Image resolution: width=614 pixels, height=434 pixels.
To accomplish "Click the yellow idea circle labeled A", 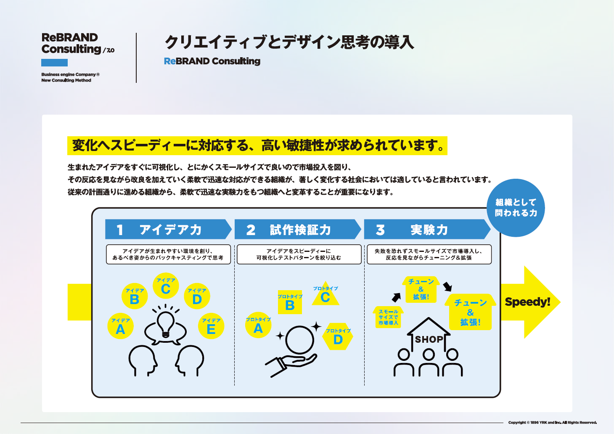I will coord(120,326).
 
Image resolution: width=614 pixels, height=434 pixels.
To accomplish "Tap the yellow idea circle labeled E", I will coord(211,326).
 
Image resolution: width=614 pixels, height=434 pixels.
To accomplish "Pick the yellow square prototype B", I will coord(290,302).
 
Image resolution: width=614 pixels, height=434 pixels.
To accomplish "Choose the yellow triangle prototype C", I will coord(326,294).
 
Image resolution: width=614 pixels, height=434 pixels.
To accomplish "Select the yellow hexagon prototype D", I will coord(338,336).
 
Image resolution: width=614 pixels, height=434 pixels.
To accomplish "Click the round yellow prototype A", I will coord(258,325).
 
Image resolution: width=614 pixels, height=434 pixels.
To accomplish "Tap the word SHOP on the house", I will coord(429,339).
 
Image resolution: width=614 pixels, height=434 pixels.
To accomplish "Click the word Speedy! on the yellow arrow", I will coord(527,302).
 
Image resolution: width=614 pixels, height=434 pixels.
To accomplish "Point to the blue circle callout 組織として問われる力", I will coord(516,208).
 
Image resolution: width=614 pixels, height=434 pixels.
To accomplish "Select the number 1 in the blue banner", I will coord(120,230).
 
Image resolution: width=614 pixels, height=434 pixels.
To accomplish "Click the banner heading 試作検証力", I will coord(300,230).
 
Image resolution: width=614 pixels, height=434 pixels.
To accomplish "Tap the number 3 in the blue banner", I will coord(380,230).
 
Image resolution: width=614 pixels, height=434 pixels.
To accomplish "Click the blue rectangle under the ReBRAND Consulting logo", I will coord(54,63).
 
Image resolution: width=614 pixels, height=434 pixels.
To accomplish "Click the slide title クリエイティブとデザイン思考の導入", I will coord(289,42).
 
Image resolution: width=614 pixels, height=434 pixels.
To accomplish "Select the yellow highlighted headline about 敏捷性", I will coord(257,146).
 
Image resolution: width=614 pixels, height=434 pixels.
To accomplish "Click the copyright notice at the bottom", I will coord(552,423).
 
